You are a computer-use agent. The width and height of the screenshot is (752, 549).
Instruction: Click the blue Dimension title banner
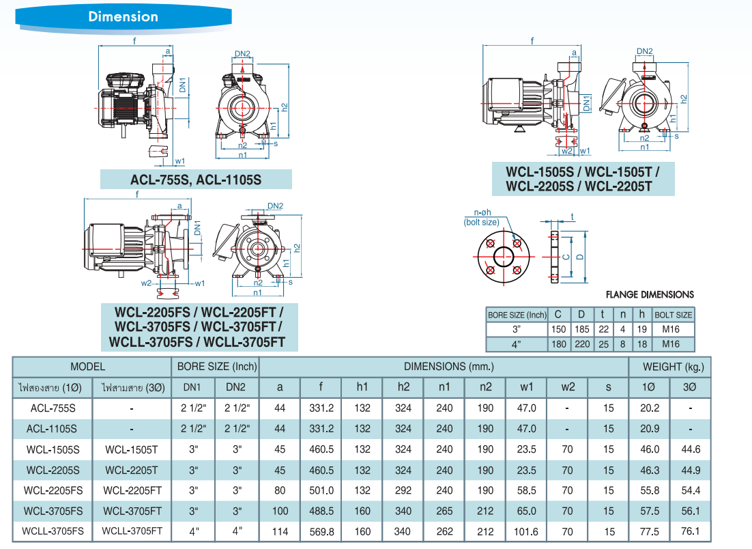(123, 16)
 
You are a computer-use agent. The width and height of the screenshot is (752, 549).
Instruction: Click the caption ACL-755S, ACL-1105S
(196, 180)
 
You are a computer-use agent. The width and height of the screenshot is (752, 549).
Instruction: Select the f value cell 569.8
(321, 532)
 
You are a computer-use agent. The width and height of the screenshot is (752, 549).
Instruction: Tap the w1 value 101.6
(526, 532)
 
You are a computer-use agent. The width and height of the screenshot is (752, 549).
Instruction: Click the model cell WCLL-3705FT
(132, 532)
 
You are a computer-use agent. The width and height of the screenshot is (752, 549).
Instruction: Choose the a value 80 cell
(280, 490)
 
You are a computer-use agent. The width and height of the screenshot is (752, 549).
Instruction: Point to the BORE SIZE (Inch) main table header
(216, 367)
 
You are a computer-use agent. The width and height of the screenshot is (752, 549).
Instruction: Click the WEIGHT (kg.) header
(669, 367)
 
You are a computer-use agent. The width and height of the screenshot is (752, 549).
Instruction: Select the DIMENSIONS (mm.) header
(444, 367)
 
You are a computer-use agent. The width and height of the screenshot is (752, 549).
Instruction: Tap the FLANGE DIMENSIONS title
(650, 295)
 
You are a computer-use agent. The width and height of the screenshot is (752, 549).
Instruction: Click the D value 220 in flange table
(581, 344)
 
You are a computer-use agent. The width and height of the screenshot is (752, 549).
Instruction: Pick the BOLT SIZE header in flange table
(674, 315)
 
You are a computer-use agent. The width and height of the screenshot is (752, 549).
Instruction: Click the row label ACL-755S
(53, 408)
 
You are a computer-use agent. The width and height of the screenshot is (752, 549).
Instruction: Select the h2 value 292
(403, 490)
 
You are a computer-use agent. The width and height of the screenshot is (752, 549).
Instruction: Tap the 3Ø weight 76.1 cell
(691, 532)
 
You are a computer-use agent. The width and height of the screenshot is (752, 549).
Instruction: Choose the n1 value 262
(444, 532)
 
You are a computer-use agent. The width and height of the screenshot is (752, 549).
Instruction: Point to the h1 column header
(362, 387)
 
